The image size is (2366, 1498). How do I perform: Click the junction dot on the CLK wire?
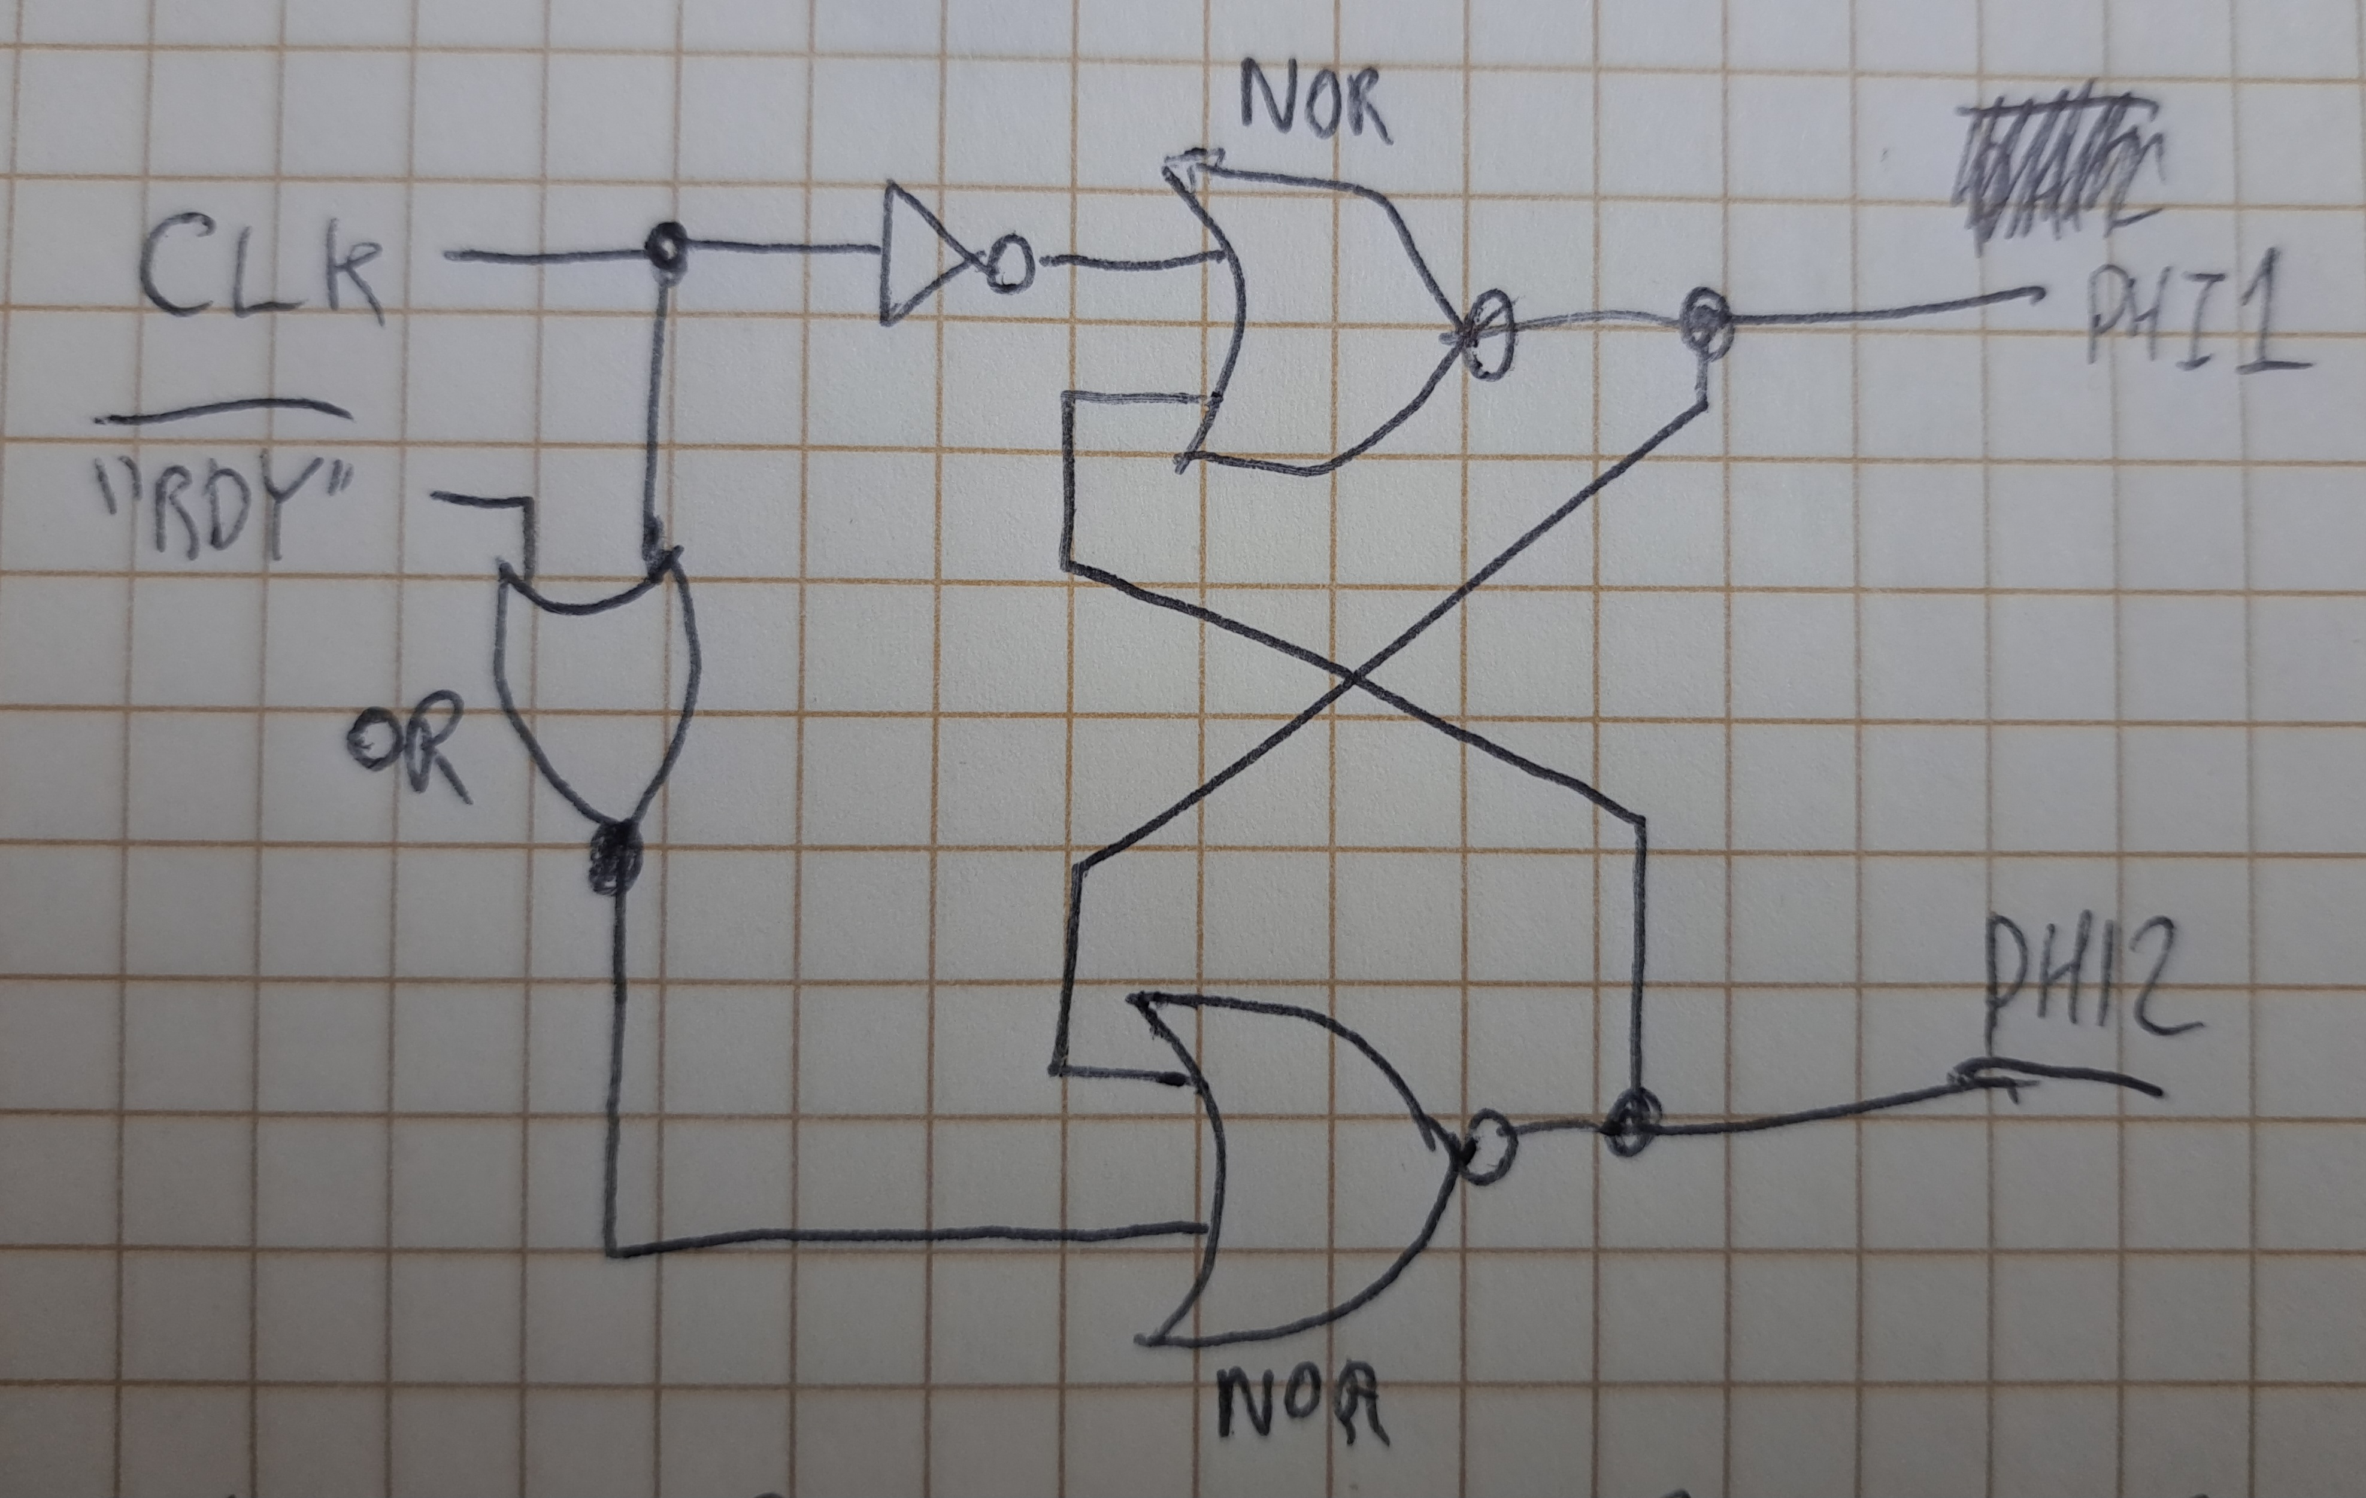[x=666, y=245]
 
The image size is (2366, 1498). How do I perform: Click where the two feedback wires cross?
[x=1354, y=678]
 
